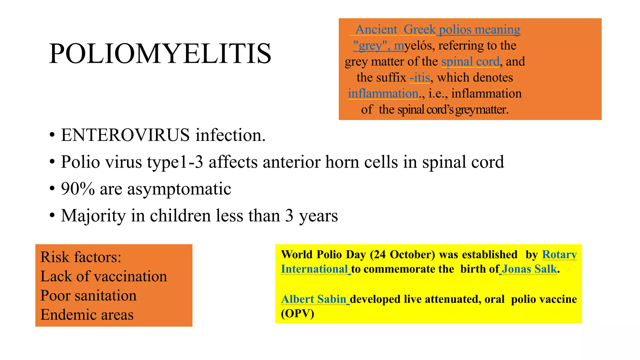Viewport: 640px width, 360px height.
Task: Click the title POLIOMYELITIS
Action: pos(160,54)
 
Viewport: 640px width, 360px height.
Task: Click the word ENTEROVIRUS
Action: pos(125,135)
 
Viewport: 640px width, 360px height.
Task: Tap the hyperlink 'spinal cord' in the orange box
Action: pos(470,62)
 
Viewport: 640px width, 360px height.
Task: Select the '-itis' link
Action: pos(420,77)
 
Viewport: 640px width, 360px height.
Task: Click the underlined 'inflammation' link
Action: pos(383,93)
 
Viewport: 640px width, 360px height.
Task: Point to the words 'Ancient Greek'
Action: pos(395,29)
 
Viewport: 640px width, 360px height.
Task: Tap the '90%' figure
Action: pos(77,189)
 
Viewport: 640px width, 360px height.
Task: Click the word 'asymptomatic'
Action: pos(179,189)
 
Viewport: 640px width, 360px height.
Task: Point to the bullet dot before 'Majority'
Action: pos(52,216)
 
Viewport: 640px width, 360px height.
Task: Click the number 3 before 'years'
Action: pos(289,216)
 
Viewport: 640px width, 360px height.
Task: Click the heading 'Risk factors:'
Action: pos(81,257)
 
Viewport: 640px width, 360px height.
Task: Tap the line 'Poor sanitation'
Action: pos(88,296)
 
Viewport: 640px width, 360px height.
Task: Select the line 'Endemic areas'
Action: pos(87,315)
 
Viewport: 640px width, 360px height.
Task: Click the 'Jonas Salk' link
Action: pos(529,269)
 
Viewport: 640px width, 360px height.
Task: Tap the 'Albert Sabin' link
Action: pos(313,299)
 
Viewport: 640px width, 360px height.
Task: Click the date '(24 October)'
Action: pos(402,255)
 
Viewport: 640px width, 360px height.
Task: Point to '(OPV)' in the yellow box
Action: pos(297,313)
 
